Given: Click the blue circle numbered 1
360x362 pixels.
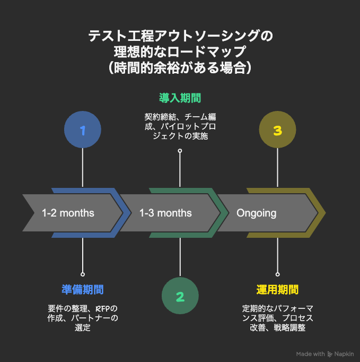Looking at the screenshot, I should click(82, 130).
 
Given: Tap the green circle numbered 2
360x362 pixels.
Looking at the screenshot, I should click(180, 297).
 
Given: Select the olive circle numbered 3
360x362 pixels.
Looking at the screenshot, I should click(277, 130).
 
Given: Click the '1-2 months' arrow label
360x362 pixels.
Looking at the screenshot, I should click(68, 213).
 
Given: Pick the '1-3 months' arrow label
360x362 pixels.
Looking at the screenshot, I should click(165, 213).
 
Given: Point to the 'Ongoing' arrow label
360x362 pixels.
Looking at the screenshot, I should click(257, 213).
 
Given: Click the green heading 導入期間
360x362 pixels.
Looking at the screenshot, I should click(180, 98).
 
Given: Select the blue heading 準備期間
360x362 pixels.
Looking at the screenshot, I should click(82, 289).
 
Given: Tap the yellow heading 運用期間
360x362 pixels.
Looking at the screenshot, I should click(277, 289).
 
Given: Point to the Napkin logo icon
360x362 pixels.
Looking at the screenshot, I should click(330, 354).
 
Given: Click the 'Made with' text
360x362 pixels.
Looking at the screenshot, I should click(311, 354).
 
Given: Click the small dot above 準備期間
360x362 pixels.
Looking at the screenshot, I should click(82, 274).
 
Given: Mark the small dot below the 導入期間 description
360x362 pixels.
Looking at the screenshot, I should click(180, 151).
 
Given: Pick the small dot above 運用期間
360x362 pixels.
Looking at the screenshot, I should click(277, 274).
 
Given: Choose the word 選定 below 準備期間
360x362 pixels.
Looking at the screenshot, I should click(82, 327).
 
